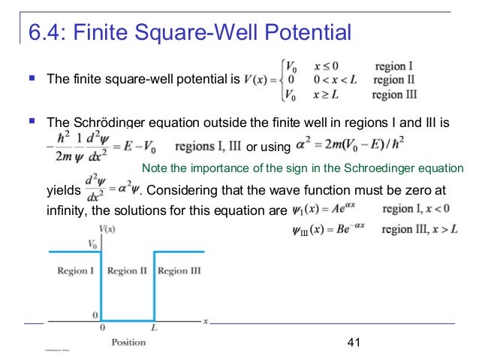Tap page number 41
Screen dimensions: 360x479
click(x=356, y=343)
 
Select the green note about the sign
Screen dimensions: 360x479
click(x=303, y=168)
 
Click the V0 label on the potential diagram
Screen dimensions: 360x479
click(x=93, y=244)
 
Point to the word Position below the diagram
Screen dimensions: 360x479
click(x=129, y=343)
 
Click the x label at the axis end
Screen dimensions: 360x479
click(x=206, y=322)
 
